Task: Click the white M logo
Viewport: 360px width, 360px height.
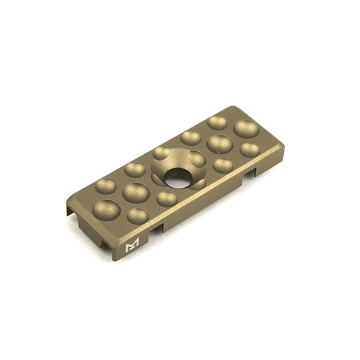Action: tap(131, 245)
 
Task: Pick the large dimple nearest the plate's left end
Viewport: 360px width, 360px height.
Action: tap(106, 210)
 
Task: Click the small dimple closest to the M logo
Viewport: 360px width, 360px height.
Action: tap(138, 215)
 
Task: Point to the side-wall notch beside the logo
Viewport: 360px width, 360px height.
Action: tap(158, 229)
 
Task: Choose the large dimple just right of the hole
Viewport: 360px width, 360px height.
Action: tap(220, 144)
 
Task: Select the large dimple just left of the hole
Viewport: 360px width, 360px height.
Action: tap(136, 193)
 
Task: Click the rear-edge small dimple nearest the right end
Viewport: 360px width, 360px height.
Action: tap(217, 122)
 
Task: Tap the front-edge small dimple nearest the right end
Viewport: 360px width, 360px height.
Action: tap(250, 149)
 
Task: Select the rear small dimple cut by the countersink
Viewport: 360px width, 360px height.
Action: tap(161, 153)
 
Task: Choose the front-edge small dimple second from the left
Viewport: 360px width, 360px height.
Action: tap(166, 199)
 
